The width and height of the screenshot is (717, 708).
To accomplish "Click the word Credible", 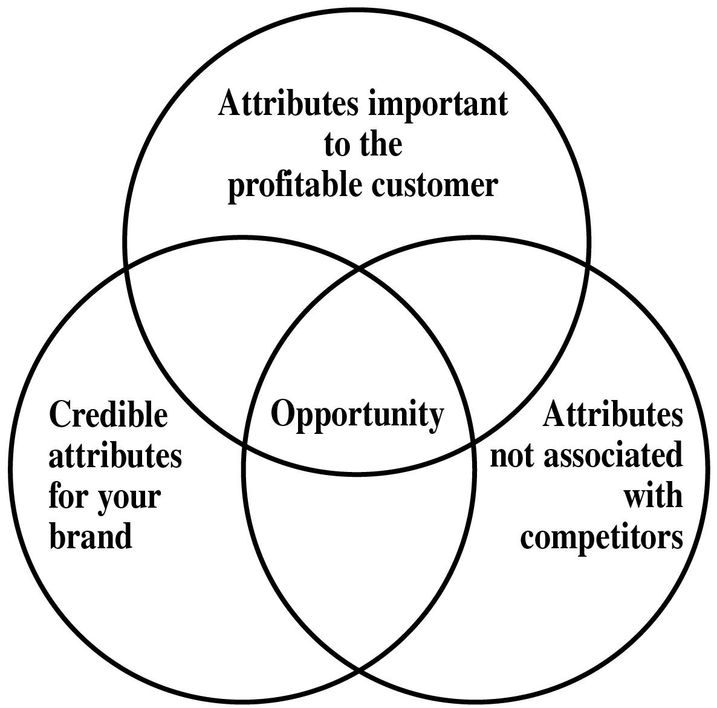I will [x=108, y=416].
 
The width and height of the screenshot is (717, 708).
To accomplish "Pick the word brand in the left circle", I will [x=90, y=536].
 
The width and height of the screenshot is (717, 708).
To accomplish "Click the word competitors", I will [x=602, y=536].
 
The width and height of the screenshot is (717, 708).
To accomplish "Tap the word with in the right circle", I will [x=653, y=496].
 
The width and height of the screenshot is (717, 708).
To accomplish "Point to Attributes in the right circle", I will [x=613, y=416].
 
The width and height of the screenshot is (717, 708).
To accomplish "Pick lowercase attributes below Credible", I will [x=115, y=456].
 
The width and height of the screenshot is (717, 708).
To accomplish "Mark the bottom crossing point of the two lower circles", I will [x=359, y=670].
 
